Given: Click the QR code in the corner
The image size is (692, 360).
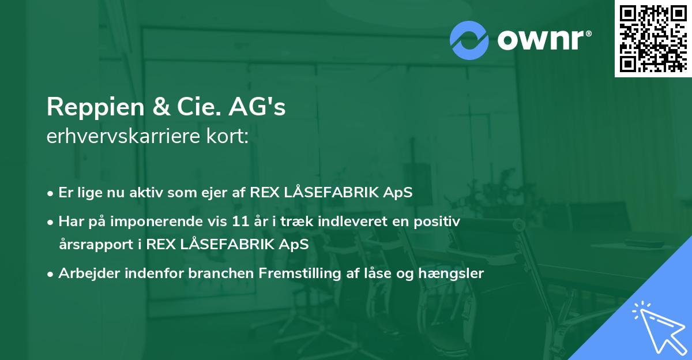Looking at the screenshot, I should pos(653,38).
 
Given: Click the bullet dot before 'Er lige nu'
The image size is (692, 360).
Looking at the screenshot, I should pos(51,193).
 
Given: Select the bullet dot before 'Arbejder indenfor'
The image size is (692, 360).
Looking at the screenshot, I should pos(51,274).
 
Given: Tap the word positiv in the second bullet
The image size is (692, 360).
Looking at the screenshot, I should pos(440,221).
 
